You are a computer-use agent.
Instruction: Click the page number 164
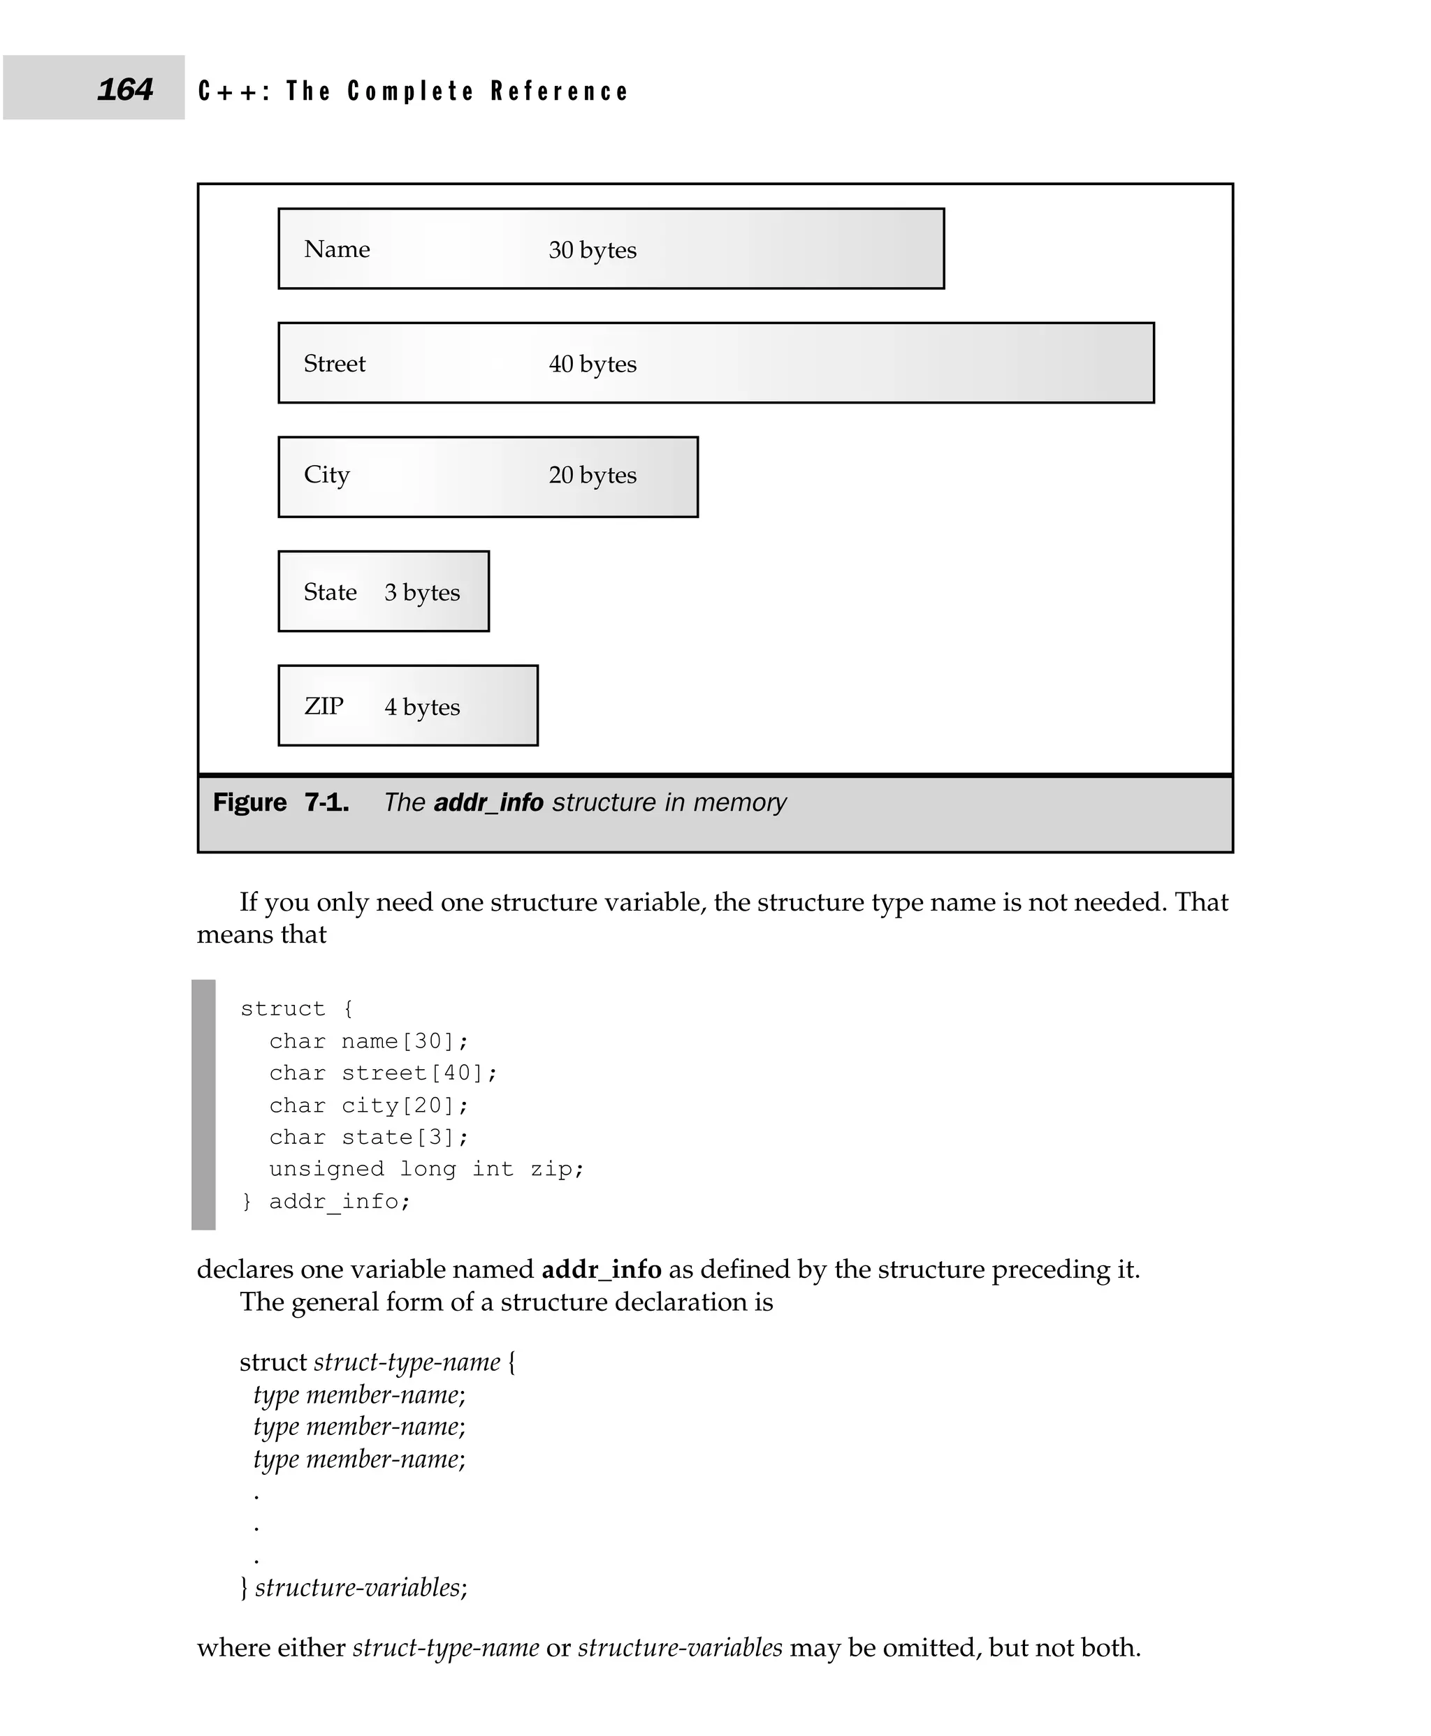click(x=125, y=89)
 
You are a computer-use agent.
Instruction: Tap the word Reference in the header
click(x=559, y=91)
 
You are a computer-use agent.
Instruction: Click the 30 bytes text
click(x=592, y=250)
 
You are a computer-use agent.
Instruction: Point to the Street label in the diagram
click(x=334, y=363)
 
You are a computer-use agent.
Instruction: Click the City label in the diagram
click(x=326, y=475)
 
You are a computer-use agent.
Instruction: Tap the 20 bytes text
click(x=592, y=475)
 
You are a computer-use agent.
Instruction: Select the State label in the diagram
click(x=330, y=591)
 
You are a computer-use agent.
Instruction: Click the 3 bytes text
click(x=421, y=592)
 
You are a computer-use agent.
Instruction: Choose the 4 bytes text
click(x=421, y=707)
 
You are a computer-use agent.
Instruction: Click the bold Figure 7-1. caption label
click(x=280, y=802)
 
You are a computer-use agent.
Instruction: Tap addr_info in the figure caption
click(x=488, y=802)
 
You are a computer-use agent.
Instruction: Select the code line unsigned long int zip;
click(x=426, y=1168)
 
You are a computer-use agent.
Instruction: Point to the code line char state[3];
click(x=368, y=1137)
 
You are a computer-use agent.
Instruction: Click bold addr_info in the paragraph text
click(x=601, y=1269)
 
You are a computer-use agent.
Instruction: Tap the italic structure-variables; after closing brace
click(x=361, y=1587)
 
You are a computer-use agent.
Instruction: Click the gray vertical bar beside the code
click(x=203, y=1104)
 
